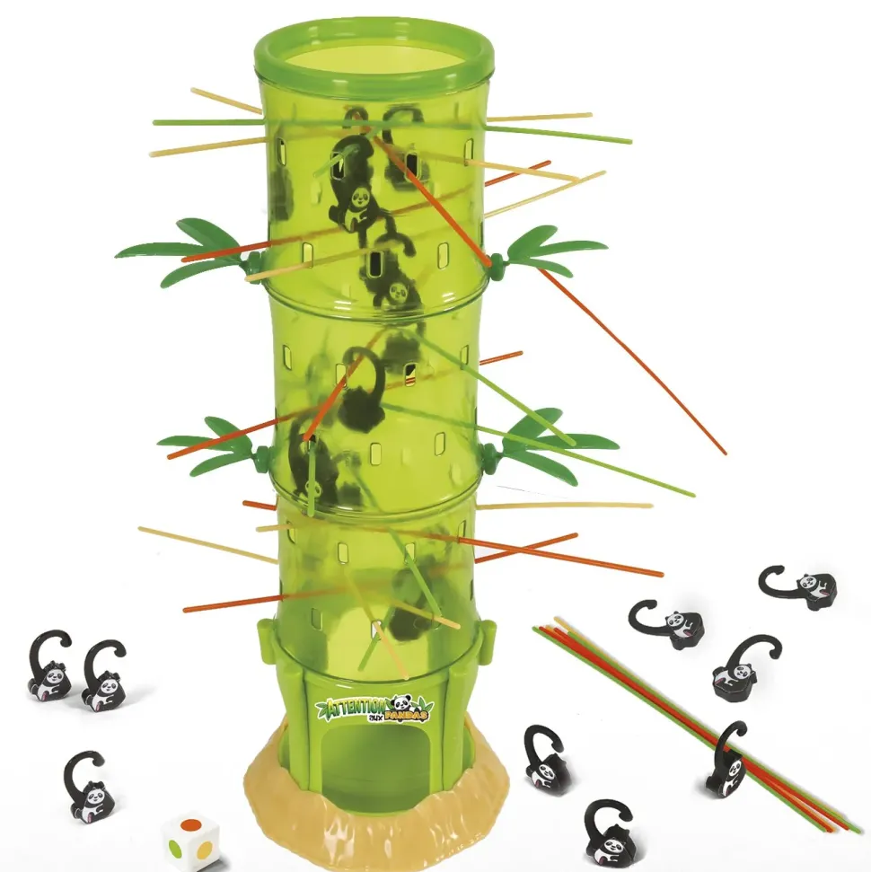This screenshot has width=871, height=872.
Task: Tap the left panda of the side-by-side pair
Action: pos(50,665)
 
